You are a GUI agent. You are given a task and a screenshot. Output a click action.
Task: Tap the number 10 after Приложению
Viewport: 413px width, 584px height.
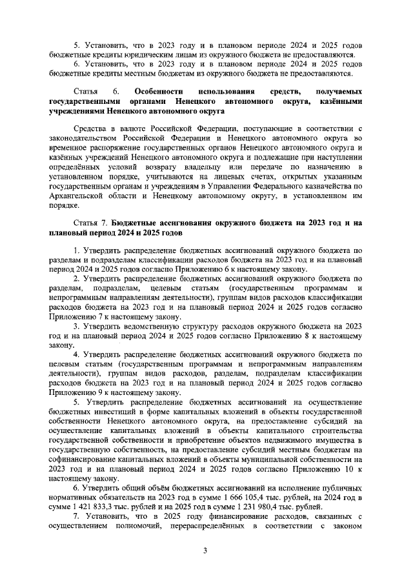click(343, 468)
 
